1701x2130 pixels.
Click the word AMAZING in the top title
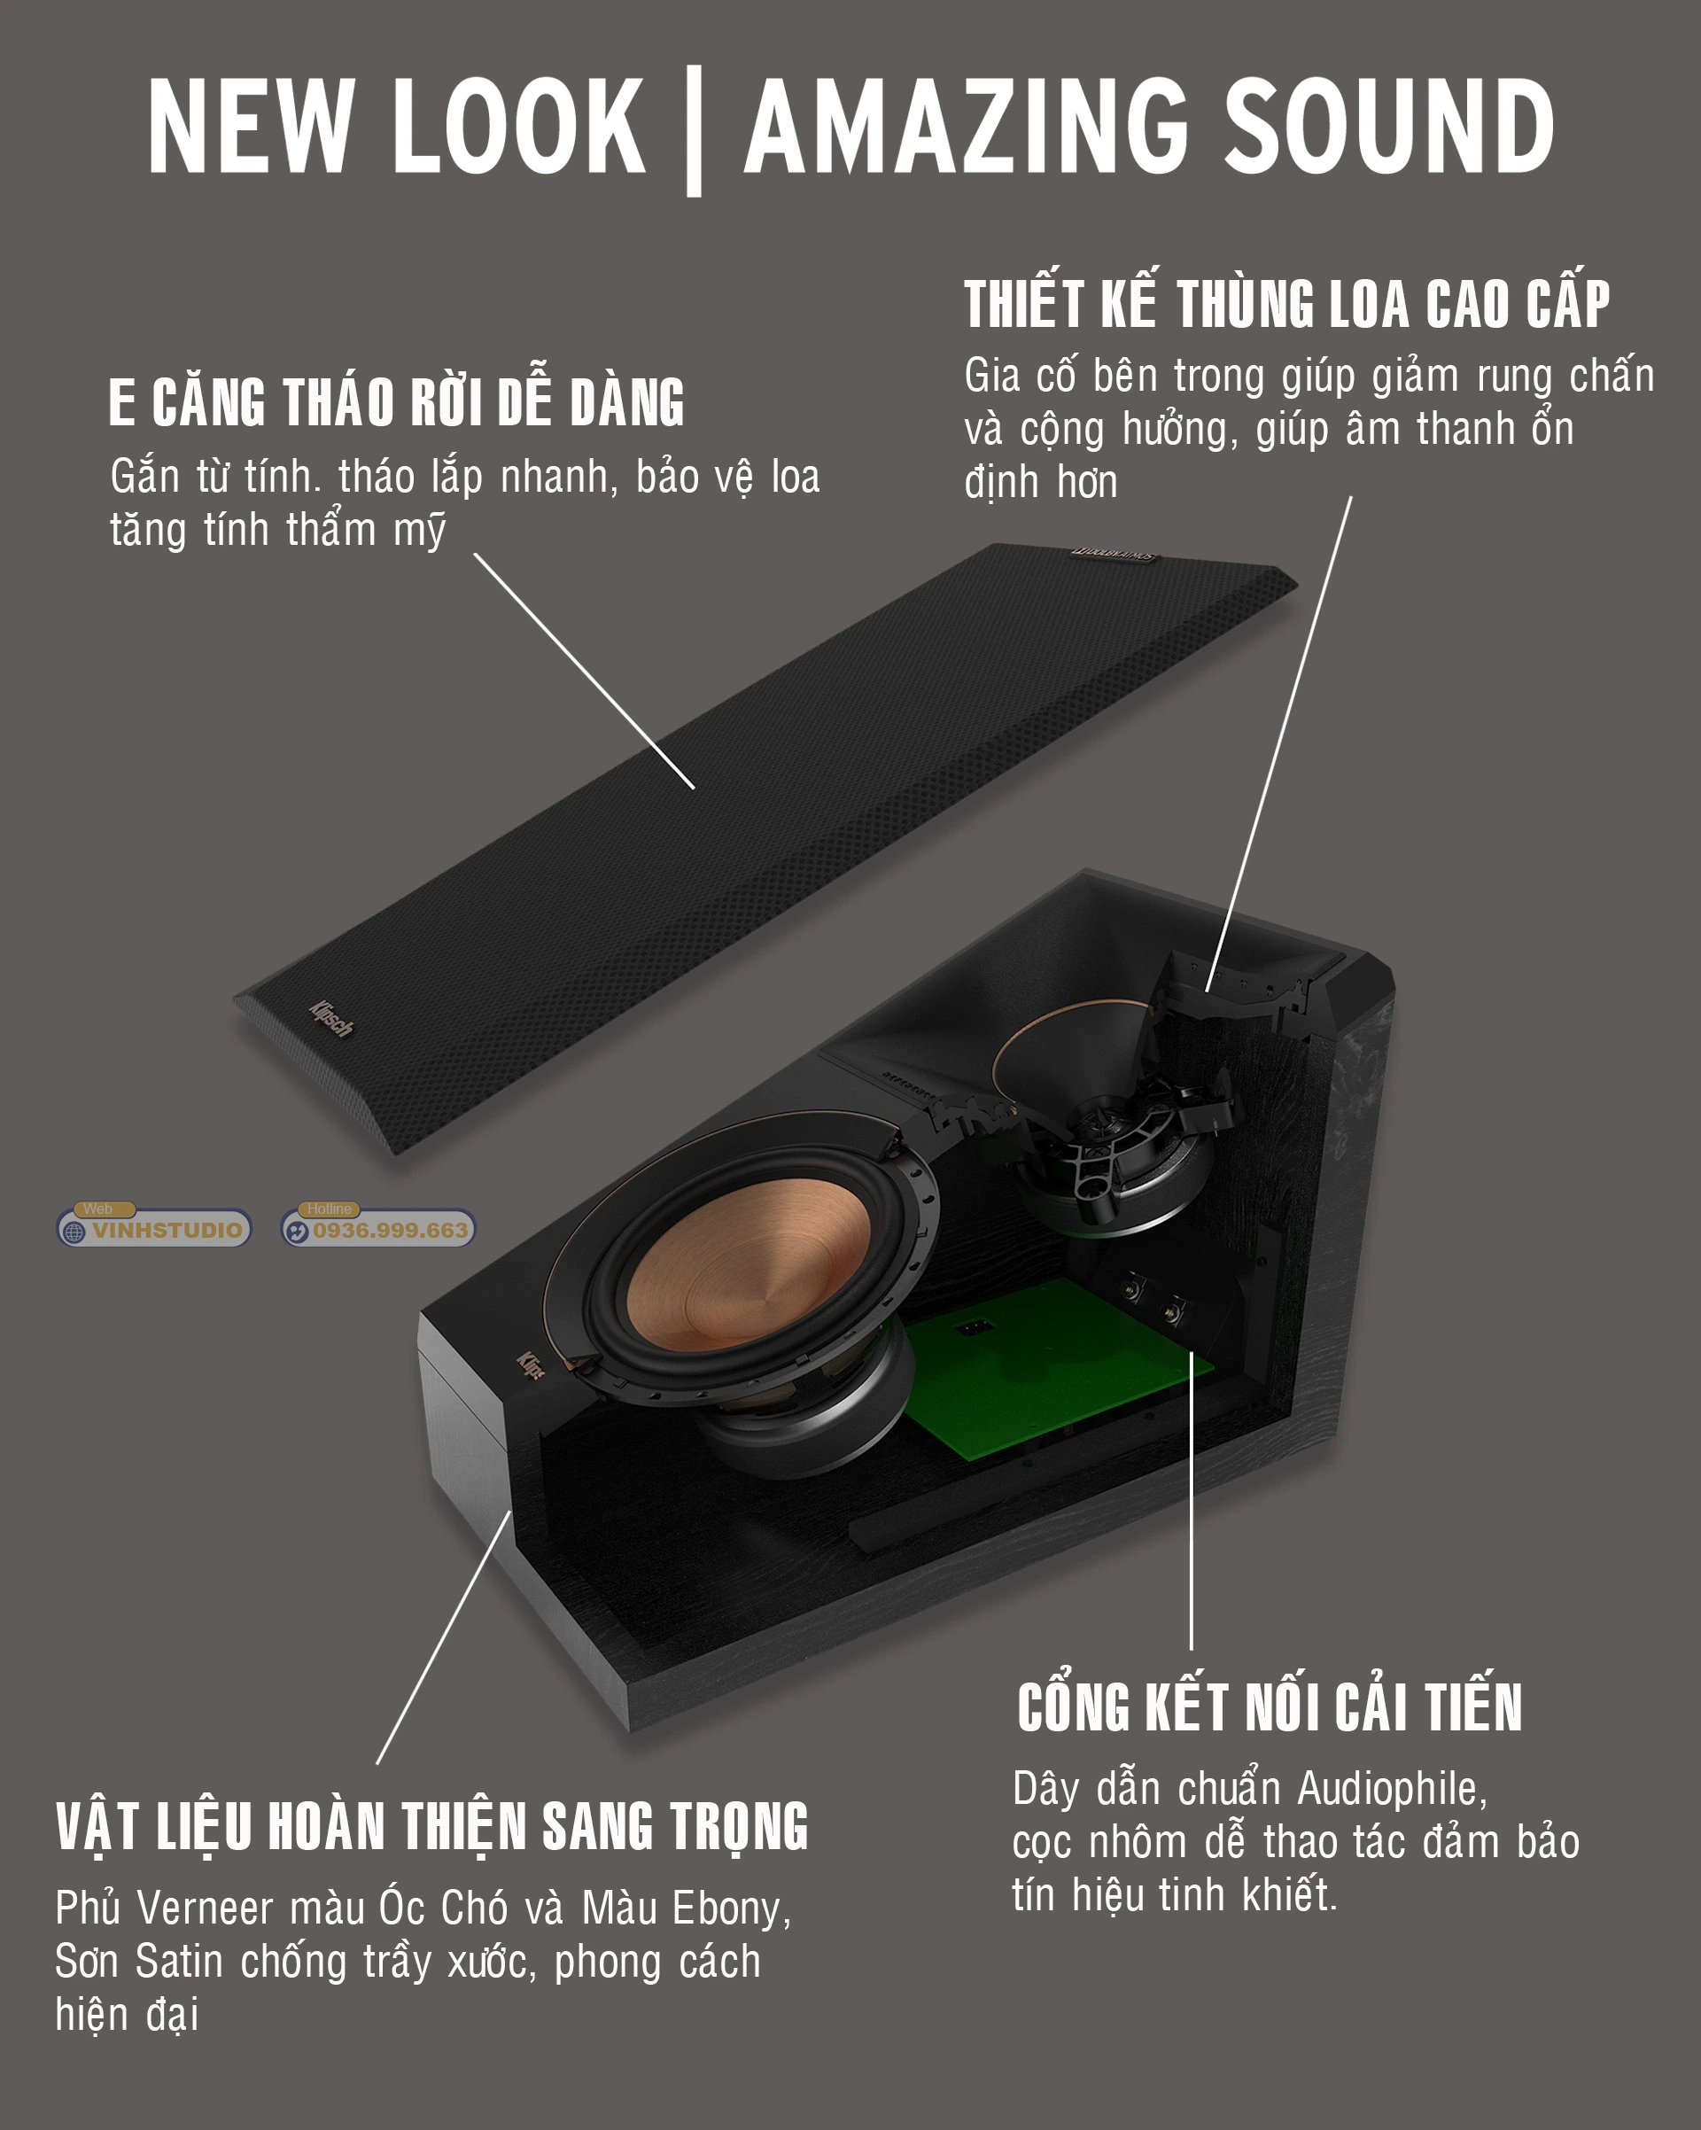[x=966, y=126]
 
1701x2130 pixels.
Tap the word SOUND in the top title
[x=1389, y=126]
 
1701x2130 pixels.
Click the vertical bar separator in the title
[x=694, y=130]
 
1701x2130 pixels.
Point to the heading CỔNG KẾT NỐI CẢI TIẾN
[x=1270, y=1707]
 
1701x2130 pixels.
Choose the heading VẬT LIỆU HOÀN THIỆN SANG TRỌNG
[x=432, y=1826]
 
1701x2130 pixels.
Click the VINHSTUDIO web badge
[x=154, y=1227]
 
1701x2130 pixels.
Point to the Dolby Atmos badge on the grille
[x=1114, y=556]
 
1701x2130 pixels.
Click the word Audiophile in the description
[x=1392, y=1788]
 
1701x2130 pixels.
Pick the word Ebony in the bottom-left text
[x=731, y=1908]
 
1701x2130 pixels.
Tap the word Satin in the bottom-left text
[x=180, y=1961]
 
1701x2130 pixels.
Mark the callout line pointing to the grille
[x=585, y=671]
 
